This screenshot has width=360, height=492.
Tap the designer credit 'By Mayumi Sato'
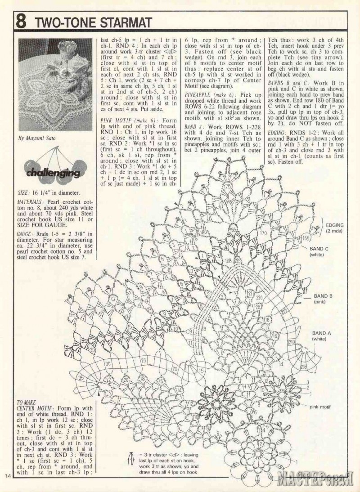[x=36, y=139]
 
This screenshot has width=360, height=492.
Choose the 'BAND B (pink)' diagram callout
[x=323, y=299]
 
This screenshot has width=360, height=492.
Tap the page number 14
[x=9, y=476]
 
